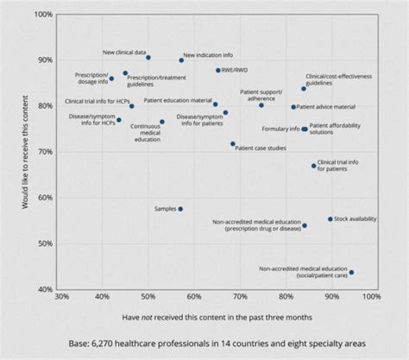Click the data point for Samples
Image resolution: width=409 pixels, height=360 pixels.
tap(180, 209)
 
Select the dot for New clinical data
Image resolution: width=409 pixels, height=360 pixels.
tap(148, 58)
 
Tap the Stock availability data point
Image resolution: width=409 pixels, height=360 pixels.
tap(330, 219)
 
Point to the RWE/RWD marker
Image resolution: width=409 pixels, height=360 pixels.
tap(218, 70)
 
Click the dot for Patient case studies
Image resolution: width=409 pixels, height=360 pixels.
tap(233, 144)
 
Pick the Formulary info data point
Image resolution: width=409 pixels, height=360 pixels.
tap(305, 129)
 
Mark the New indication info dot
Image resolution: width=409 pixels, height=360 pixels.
tap(181, 60)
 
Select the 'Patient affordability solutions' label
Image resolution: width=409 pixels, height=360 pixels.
tap(339, 128)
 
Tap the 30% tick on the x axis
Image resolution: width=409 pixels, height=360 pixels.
tap(61, 298)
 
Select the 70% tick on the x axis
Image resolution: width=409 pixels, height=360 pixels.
tap(241, 298)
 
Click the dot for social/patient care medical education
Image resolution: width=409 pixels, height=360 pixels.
tap(351, 273)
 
